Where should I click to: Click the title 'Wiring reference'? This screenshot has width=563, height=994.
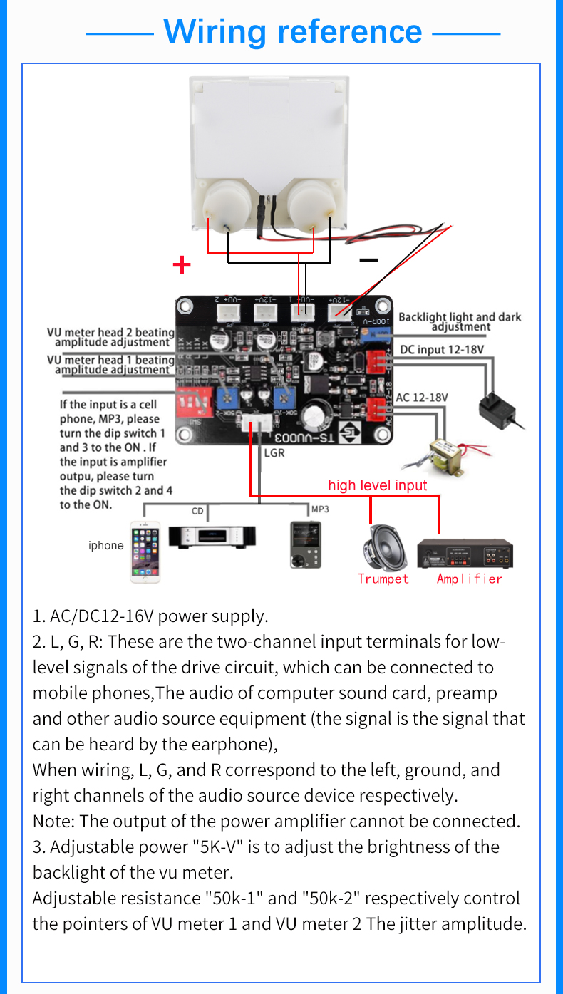(x=292, y=32)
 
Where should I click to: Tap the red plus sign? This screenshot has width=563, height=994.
(x=182, y=265)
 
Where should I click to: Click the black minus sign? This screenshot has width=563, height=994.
(x=368, y=259)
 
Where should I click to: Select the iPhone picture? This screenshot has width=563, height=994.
(x=145, y=552)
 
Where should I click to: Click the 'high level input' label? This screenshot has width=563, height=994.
(x=377, y=485)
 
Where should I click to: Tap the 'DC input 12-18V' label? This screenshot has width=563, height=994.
(x=442, y=350)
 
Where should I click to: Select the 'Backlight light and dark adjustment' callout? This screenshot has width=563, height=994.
(x=460, y=322)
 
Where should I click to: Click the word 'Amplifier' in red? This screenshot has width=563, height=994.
(x=469, y=579)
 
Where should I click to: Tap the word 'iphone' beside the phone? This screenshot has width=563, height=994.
(x=105, y=546)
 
